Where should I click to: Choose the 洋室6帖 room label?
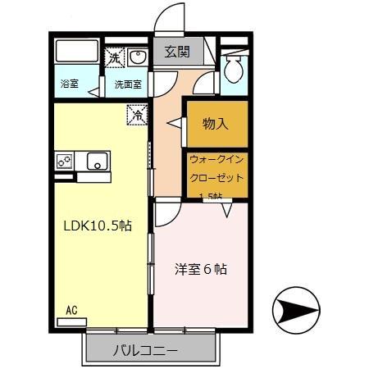coord(200,269)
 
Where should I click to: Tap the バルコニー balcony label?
coord(144,351)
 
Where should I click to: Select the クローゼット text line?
coord(216,177)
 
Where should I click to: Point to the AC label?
coord(71,311)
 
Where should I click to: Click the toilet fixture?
coord(234,69)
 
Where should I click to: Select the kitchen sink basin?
coord(97,161)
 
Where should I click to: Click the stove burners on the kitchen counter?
coord(64,161)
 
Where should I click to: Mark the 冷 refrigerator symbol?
coord(136,115)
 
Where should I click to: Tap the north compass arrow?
coord(297,310)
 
